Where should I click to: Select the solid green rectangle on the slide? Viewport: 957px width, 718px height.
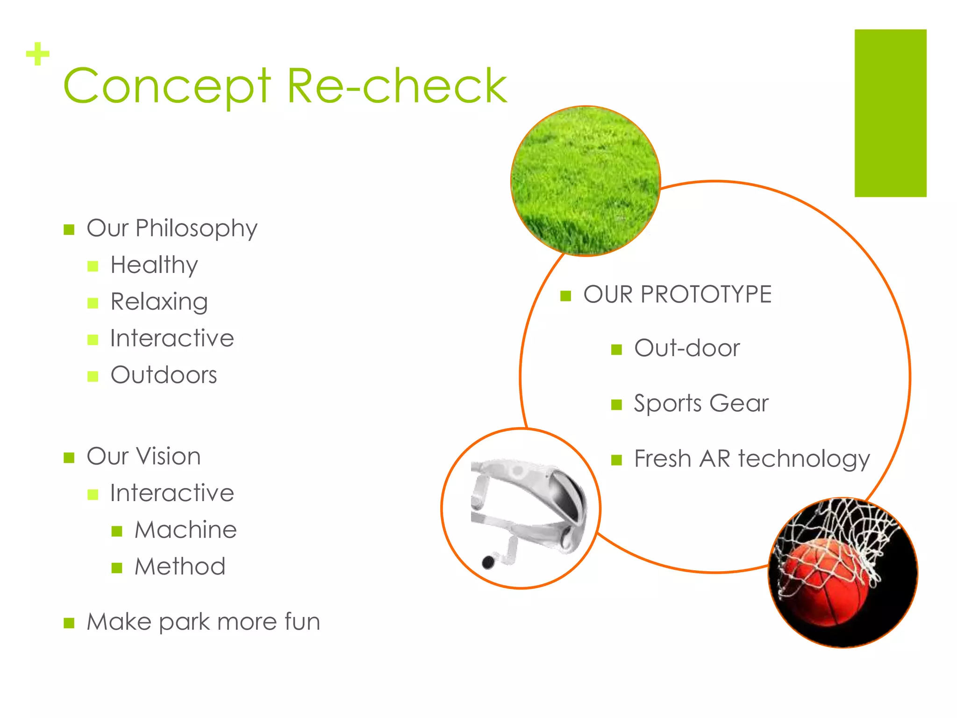[x=890, y=113]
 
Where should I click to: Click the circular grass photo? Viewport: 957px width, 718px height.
[x=586, y=181]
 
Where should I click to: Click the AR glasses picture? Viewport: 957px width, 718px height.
[x=526, y=510]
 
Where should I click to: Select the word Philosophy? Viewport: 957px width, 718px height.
[x=196, y=229]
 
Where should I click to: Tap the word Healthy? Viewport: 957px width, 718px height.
[x=154, y=266]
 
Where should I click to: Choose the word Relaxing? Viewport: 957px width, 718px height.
[x=159, y=302]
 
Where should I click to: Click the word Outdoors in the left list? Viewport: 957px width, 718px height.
[x=164, y=375]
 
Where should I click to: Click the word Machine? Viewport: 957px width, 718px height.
[x=186, y=530]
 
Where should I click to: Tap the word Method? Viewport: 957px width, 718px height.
[x=180, y=566]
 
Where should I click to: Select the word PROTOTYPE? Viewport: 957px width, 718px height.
[x=706, y=294]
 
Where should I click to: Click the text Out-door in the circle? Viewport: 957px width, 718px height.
[x=687, y=348]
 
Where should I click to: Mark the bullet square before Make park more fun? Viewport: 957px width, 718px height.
[x=69, y=623]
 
